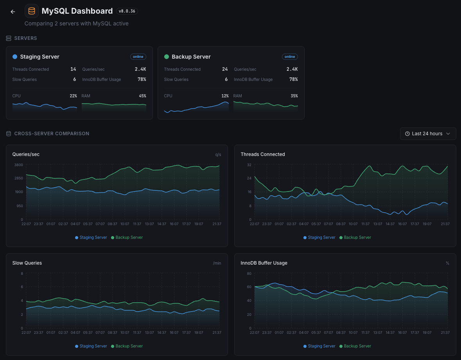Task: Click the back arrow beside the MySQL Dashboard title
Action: [13, 12]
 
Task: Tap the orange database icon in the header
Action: [32, 11]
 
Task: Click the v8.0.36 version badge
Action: [127, 11]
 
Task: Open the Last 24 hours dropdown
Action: [428, 134]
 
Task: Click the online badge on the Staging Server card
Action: [138, 57]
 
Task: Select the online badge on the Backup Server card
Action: [290, 57]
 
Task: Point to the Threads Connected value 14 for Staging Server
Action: [73, 69]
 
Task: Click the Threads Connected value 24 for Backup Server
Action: [225, 69]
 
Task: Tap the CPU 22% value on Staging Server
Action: [74, 96]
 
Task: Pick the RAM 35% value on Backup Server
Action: [294, 96]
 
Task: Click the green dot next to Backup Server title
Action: [167, 57]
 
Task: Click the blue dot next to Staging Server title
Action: [15, 57]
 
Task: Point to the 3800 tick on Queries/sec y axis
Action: [18, 165]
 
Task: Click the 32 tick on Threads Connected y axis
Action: [249, 165]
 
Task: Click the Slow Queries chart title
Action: [27, 263]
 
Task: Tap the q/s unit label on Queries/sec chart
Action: [218, 154]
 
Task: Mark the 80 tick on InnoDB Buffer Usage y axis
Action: [249, 274]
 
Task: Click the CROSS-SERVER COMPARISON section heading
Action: [52, 134]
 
